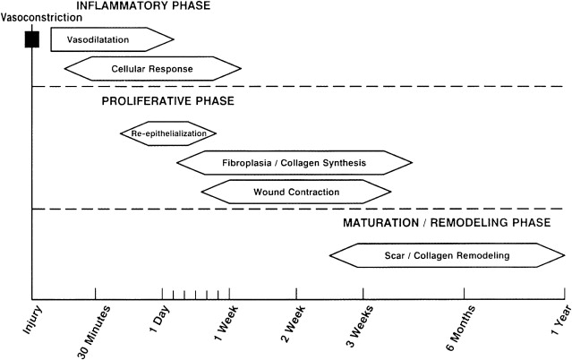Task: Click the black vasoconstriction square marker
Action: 32,39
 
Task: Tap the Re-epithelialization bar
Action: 168,133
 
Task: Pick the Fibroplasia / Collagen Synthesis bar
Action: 294,163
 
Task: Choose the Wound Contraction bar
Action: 295,192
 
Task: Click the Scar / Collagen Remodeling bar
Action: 447,255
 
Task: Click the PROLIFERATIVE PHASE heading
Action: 167,101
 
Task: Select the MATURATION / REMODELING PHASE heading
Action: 446,222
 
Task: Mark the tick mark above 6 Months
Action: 464,293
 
